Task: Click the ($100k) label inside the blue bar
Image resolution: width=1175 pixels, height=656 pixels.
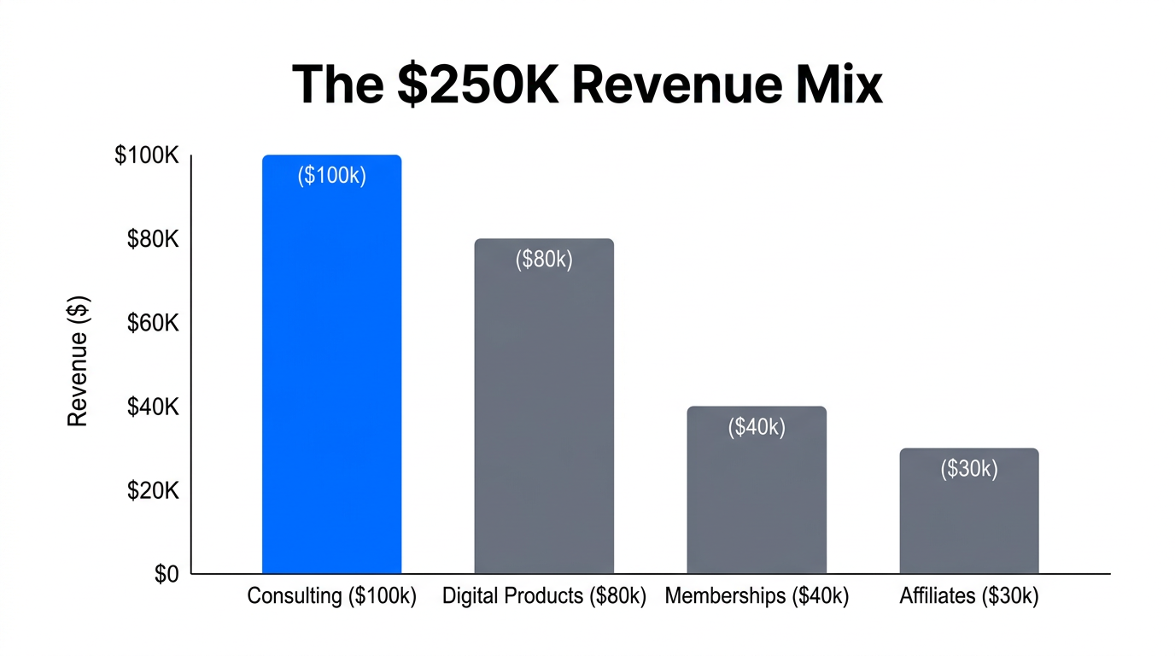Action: [x=331, y=176]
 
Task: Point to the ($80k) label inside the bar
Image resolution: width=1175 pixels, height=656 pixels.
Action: [x=544, y=260]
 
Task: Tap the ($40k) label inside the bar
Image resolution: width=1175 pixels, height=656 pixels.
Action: [x=757, y=427]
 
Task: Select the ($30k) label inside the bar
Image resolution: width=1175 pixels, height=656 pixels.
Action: [x=969, y=469]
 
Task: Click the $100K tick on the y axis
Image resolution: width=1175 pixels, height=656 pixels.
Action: [x=146, y=156]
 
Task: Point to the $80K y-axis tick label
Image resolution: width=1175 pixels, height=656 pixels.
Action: [x=152, y=240]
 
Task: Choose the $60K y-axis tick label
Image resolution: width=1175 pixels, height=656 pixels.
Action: [x=152, y=324]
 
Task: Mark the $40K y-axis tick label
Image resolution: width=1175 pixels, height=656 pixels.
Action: [x=152, y=407]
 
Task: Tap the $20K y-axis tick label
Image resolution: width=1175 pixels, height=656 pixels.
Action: [x=152, y=491]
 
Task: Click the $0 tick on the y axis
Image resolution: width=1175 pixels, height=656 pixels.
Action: [x=167, y=575]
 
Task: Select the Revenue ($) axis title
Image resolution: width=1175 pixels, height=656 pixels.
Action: [x=78, y=360]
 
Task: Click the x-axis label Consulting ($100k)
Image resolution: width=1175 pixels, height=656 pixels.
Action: [x=331, y=596]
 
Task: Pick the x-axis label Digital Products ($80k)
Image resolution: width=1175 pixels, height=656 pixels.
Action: [x=544, y=596]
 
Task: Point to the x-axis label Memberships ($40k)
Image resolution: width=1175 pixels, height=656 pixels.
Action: [x=757, y=596]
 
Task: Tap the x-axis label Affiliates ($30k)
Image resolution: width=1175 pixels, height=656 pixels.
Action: [x=969, y=596]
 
